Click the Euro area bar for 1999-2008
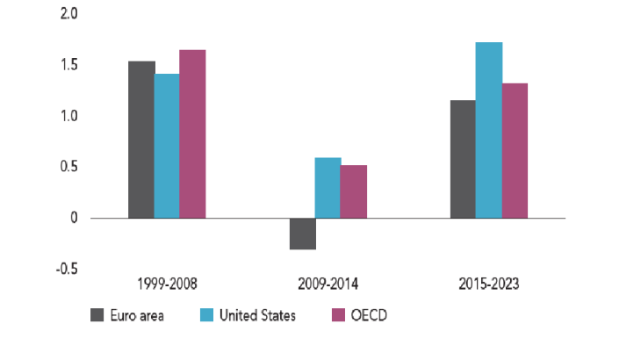(141, 140)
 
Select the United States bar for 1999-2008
(167, 146)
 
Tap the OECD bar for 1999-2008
(192, 133)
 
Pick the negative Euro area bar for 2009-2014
(303, 234)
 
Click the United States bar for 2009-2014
(328, 188)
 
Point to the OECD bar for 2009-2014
(354, 191)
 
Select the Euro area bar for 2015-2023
(463, 159)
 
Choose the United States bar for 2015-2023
(489, 130)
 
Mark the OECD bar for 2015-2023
(515, 150)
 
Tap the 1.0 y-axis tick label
(68, 116)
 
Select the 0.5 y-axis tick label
(68, 167)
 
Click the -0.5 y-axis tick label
(67, 269)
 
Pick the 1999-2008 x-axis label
(167, 284)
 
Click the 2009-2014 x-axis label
(328, 284)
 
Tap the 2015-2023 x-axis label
(489, 284)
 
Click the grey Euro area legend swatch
(99, 314)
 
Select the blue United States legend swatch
(207, 314)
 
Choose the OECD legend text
(368, 314)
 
